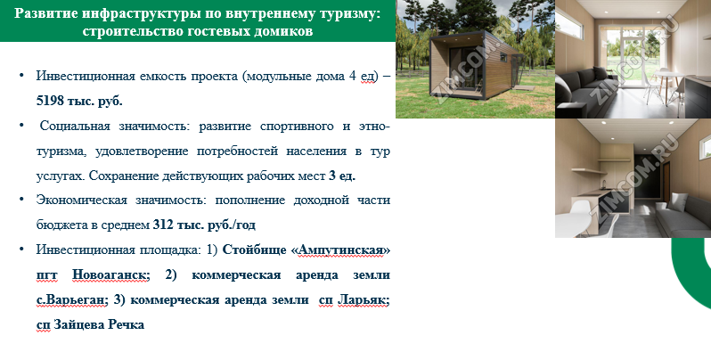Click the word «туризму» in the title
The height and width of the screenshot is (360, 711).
(344, 13)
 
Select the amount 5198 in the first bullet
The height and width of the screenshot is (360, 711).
(50, 101)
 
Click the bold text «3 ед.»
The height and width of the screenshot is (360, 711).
(342, 176)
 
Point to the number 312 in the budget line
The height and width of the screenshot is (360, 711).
(163, 225)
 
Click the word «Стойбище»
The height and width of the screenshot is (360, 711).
(255, 250)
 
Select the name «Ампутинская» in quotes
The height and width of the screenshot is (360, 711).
(340, 250)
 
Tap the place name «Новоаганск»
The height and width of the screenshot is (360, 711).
(110, 274)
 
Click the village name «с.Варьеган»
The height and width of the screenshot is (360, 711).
(71, 299)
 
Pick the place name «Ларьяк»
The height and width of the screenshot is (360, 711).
(362, 299)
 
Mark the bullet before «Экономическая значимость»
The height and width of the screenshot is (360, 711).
(21, 200)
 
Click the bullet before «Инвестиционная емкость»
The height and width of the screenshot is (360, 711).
(21, 75)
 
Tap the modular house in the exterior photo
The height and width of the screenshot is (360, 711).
(475, 66)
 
